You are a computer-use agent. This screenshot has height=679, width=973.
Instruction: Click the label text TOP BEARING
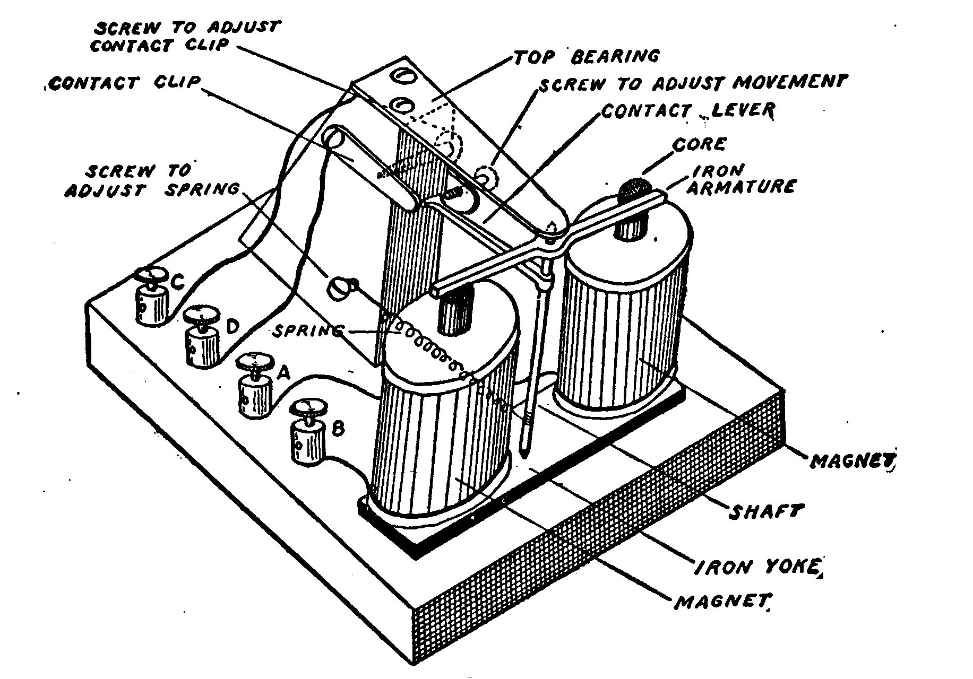[587, 56]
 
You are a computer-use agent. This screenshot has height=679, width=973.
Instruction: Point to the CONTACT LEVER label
[688, 111]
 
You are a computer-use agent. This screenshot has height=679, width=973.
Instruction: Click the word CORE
[699, 144]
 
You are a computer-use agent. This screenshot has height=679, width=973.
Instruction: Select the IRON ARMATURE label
[743, 178]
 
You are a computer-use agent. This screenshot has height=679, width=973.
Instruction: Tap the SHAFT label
[764, 512]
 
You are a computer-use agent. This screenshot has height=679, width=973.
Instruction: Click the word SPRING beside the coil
[308, 332]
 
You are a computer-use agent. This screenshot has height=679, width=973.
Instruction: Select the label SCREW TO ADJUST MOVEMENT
[690, 83]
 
